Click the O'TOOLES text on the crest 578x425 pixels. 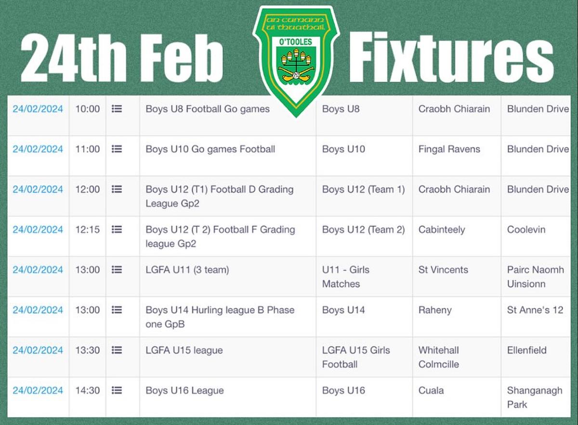pos(295,41)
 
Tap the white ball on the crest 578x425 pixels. pos(296,75)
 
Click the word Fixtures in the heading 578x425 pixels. pos(451,57)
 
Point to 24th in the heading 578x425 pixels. pos(74,58)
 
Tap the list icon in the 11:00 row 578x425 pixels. pos(117,149)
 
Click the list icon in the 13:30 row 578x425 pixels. pos(117,350)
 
